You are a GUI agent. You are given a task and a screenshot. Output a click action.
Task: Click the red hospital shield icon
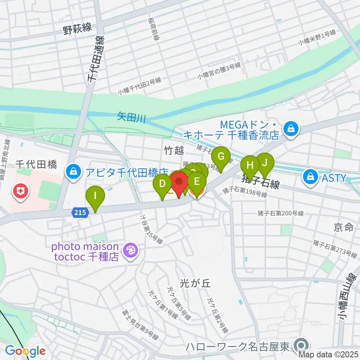(19, 191)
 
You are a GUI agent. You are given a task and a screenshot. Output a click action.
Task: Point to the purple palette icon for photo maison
(131, 249)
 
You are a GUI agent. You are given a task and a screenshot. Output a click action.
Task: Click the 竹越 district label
(174, 150)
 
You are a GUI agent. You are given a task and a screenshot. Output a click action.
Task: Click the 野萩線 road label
(77, 29)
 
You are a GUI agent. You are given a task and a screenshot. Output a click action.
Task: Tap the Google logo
(25, 351)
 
